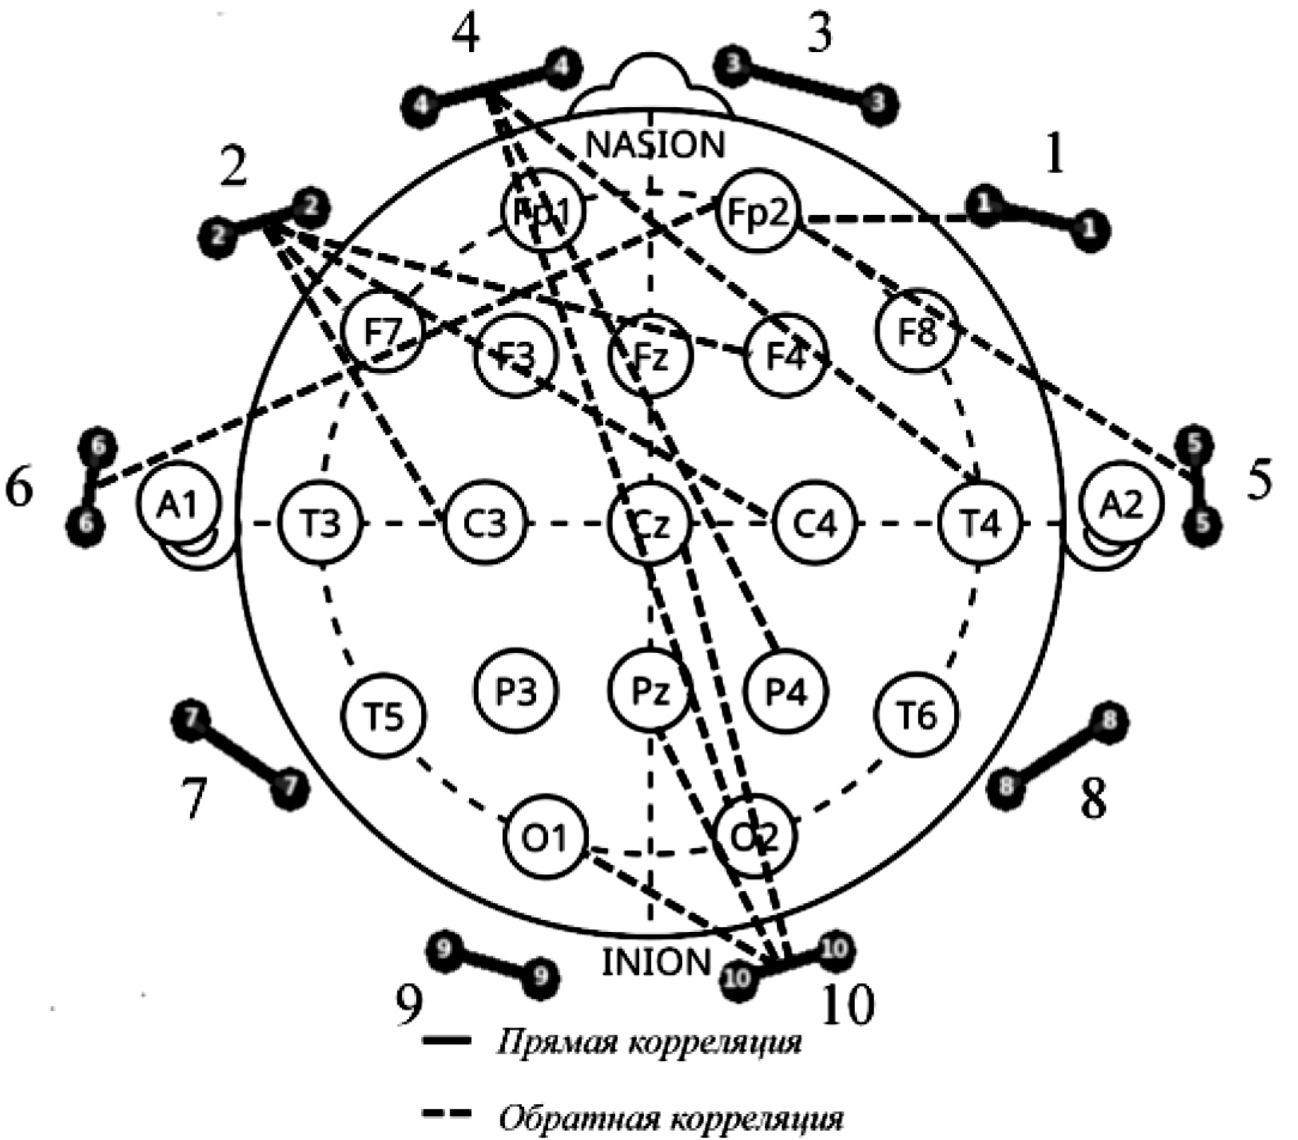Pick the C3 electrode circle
coord(485,525)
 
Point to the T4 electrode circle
coord(980,525)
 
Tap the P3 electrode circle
coord(516,691)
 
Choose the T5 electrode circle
coord(384,715)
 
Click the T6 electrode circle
coord(917,715)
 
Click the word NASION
coord(655,145)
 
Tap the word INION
coord(656,962)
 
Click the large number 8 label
coord(1093,799)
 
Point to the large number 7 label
coord(194,799)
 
